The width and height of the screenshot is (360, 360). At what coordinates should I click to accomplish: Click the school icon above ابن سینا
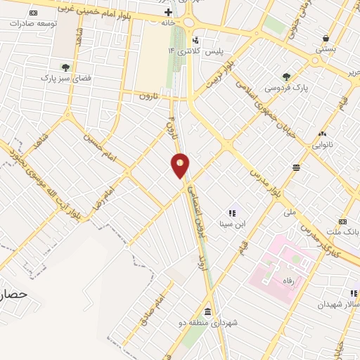[x=233, y=213]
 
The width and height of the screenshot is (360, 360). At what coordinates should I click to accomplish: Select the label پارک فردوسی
[x=285, y=89]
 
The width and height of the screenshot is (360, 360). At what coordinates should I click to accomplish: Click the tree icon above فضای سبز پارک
[x=65, y=67]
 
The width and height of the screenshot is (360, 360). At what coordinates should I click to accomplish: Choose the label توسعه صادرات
[x=33, y=23]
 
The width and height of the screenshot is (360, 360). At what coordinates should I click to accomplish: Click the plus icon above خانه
[x=167, y=13]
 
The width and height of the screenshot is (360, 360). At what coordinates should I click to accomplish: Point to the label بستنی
[x=326, y=49]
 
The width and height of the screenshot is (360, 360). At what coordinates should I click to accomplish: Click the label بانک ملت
[x=345, y=231]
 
